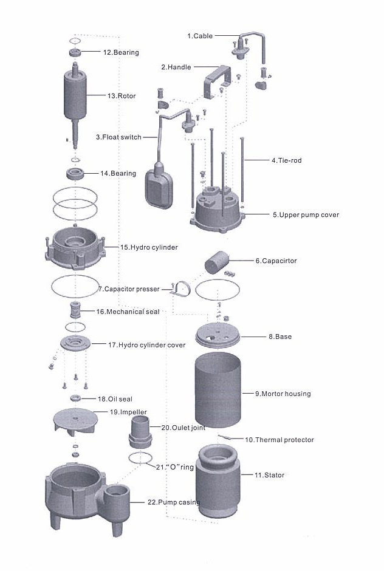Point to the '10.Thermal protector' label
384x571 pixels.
click(279, 439)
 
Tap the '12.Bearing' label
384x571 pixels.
click(121, 52)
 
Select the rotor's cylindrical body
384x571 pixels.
click(75, 96)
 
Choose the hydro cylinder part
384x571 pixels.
click(74, 249)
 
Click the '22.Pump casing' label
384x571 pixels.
click(174, 502)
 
